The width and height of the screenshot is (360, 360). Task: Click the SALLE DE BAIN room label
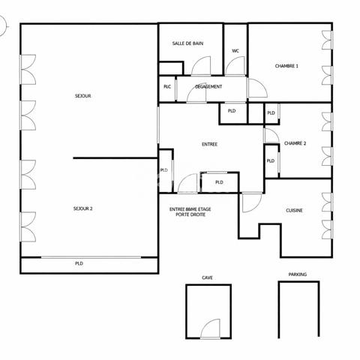pyautogui.click(x=187, y=43)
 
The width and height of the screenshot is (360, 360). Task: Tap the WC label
pyautogui.click(x=235, y=51)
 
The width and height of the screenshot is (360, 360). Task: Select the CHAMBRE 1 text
pyautogui.click(x=286, y=66)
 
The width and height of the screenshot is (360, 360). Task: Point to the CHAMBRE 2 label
pyautogui.click(x=295, y=143)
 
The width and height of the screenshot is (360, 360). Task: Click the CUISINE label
pyautogui.click(x=294, y=211)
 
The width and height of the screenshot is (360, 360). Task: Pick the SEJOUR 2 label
pyautogui.click(x=83, y=208)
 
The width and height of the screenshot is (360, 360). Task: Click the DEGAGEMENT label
pyautogui.click(x=208, y=87)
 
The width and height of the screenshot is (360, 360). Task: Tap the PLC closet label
pyautogui.click(x=167, y=87)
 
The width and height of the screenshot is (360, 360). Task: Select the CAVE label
pyautogui.click(x=207, y=277)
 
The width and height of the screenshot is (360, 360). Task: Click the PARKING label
pyautogui.click(x=298, y=274)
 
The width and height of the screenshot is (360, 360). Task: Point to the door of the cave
pyautogui.click(x=210, y=328)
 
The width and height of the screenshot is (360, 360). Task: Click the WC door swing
pyautogui.click(x=235, y=66)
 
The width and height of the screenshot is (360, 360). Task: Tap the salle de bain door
pyautogui.click(x=201, y=66)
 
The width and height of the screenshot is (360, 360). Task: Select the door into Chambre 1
pyautogui.click(x=257, y=88)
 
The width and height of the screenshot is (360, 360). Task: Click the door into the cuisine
pyautogui.click(x=252, y=202)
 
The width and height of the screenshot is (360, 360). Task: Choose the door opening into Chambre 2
pyautogui.click(x=271, y=136)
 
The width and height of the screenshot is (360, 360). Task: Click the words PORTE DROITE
pyautogui.click(x=190, y=214)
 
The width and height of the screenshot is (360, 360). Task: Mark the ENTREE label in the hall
pyautogui.click(x=209, y=145)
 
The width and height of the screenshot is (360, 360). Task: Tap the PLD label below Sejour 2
pyautogui.click(x=79, y=263)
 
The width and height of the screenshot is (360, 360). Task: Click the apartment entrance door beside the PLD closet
pyautogui.click(x=187, y=183)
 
